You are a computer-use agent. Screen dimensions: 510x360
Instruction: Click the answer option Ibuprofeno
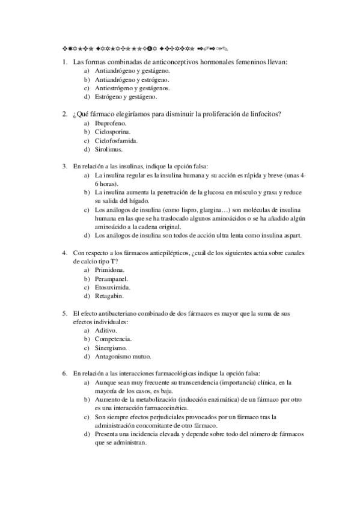pos(110,123)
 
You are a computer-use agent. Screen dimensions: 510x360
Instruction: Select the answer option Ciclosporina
pos(112,131)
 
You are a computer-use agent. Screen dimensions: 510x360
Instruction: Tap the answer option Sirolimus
pos(109,149)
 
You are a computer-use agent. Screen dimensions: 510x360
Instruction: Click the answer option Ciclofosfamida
pos(117,140)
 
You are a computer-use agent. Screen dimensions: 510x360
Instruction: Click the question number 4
pos(64,253)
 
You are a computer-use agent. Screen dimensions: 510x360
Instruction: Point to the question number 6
pos(64,373)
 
